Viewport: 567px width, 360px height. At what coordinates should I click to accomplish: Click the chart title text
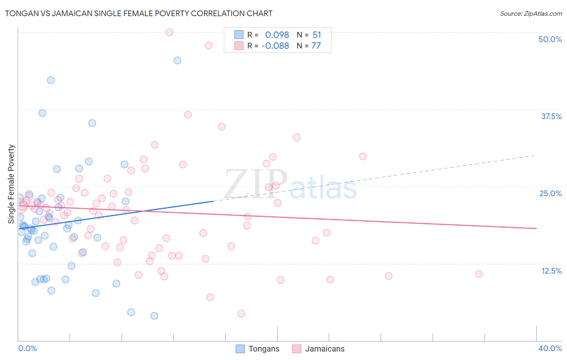[139, 13]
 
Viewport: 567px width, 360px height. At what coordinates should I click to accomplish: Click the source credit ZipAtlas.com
[531, 14]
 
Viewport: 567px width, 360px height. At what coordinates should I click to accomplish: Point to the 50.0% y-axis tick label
[550, 39]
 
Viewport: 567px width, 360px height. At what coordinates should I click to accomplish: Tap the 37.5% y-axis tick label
[551, 116]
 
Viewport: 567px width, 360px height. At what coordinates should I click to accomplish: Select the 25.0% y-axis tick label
[550, 193]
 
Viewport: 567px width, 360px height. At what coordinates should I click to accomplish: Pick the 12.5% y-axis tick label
[551, 271]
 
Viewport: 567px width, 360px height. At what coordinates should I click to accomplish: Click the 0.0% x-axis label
[28, 348]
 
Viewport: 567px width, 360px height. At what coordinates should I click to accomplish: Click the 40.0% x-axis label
[550, 348]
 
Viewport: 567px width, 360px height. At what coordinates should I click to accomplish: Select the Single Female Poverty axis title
[11, 184]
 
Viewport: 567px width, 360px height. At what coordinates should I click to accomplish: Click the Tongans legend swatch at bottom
[240, 349]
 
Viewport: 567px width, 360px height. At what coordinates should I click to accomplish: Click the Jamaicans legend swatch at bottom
[297, 349]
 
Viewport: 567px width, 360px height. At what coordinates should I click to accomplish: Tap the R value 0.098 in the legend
[277, 35]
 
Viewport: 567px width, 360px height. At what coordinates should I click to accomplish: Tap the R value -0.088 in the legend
[275, 46]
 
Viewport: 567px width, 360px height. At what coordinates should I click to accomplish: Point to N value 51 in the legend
[317, 35]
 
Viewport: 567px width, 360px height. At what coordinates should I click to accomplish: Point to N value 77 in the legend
[316, 46]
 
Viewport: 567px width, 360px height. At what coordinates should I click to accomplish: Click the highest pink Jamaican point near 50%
[169, 32]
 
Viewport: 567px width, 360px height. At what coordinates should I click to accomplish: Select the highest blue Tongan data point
[177, 61]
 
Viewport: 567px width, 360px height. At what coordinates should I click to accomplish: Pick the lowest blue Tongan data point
[154, 316]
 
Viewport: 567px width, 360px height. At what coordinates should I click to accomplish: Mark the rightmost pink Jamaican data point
[479, 274]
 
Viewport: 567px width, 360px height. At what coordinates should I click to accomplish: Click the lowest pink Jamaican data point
[242, 314]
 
